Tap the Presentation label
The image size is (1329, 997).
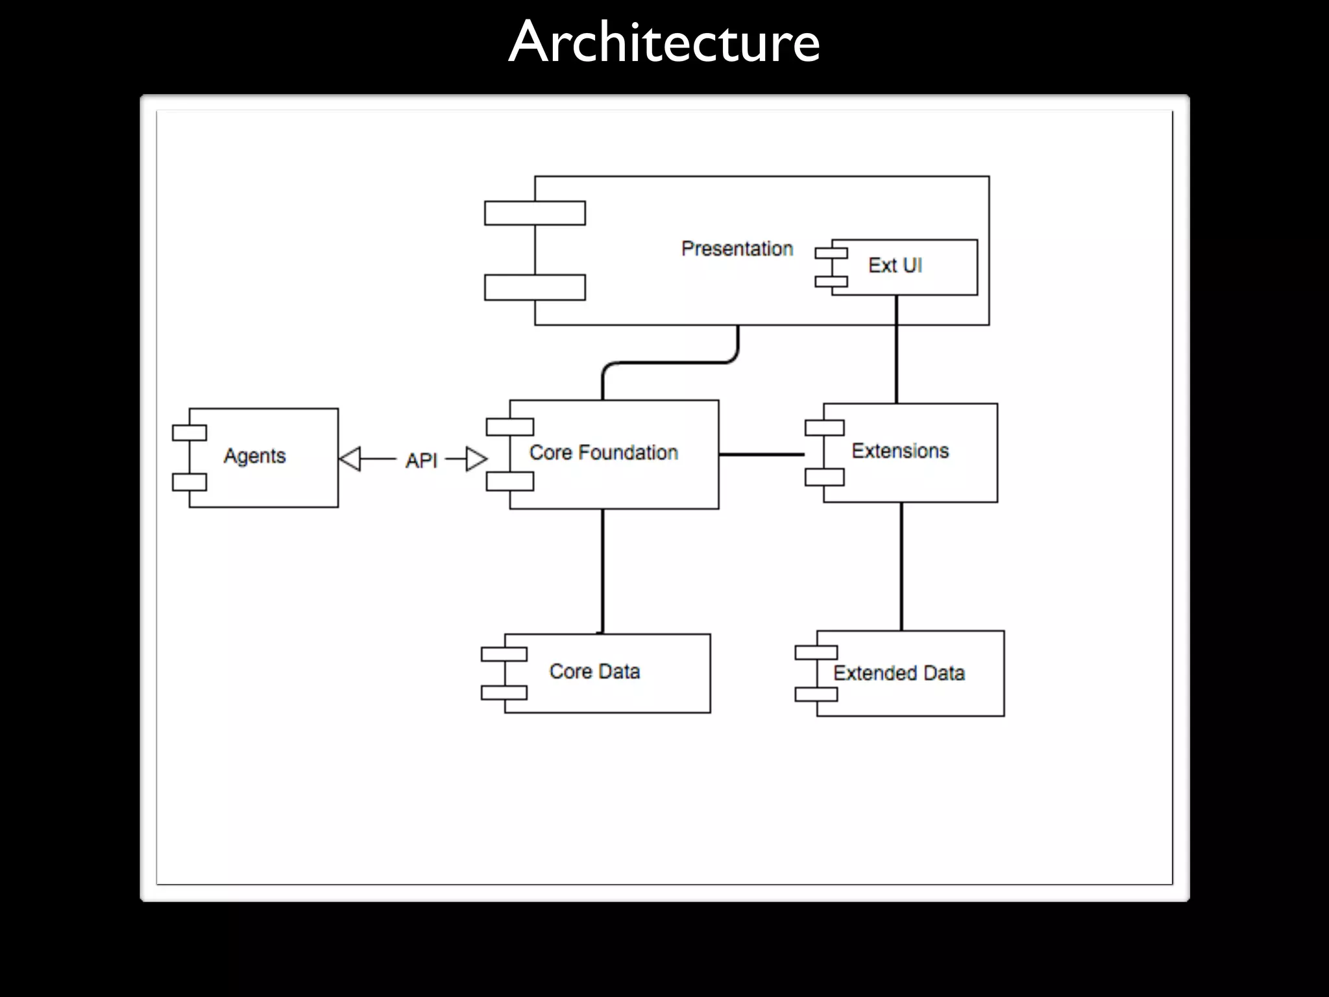(x=737, y=249)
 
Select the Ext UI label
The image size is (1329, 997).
(x=895, y=265)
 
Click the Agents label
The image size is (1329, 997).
(x=254, y=456)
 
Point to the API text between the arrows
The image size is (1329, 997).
(x=421, y=460)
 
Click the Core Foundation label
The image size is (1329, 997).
(x=604, y=452)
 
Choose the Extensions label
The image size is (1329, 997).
(x=900, y=450)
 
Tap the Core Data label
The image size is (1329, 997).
(x=594, y=671)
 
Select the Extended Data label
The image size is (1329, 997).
(x=899, y=673)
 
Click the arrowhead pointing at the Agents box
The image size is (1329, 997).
(x=350, y=459)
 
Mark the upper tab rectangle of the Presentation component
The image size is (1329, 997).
(x=535, y=213)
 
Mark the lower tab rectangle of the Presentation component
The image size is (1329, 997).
(x=535, y=288)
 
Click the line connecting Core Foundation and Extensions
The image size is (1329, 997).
(x=761, y=454)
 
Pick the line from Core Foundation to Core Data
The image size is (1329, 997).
(x=602, y=571)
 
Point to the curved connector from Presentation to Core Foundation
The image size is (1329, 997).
(x=668, y=363)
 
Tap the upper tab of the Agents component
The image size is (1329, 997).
(x=189, y=433)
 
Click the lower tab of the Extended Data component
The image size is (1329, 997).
(x=816, y=694)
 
